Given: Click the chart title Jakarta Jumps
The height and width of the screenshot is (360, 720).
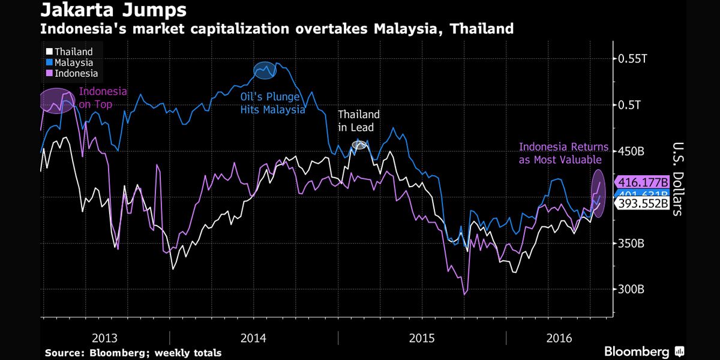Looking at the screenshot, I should [x=113, y=10].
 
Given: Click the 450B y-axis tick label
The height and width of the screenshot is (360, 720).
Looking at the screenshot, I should [x=631, y=151].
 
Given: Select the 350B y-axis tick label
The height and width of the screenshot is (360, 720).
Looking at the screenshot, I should [x=631, y=244].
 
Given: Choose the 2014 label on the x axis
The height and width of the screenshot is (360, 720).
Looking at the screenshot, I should [x=253, y=338].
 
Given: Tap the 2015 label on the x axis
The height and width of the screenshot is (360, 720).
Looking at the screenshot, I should [x=421, y=338].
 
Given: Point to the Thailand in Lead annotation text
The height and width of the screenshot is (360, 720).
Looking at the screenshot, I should [x=358, y=121].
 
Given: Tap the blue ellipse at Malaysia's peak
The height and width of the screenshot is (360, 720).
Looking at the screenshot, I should [x=265, y=70].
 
